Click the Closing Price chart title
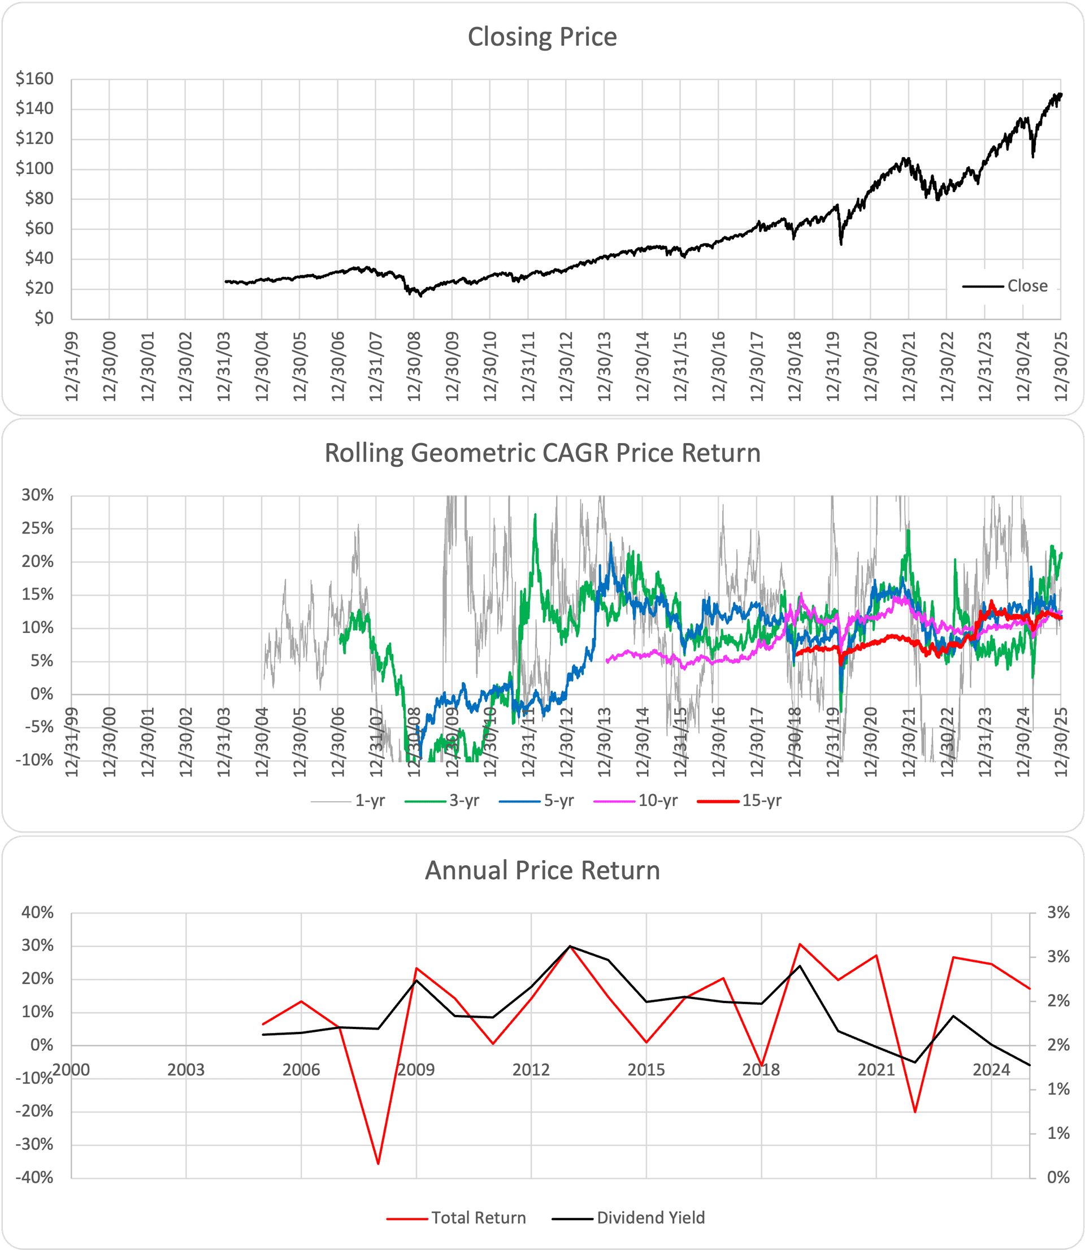[542, 37]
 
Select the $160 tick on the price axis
[34, 79]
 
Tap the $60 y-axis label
[39, 229]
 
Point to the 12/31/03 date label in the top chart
[224, 366]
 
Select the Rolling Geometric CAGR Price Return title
[542, 453]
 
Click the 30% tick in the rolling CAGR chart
[37, 495]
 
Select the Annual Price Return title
[542, 870]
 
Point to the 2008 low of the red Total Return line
[378, 1163]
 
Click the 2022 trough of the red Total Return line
[915, 1112]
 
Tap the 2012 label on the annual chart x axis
[531, 1070]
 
